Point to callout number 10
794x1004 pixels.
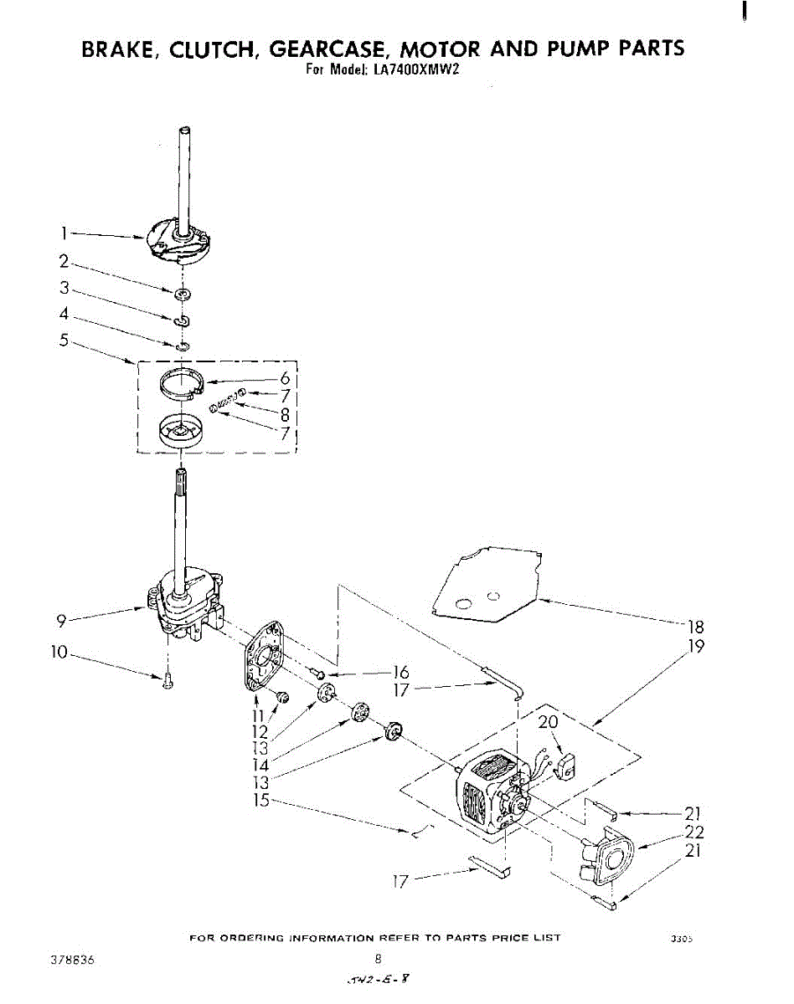[x=59, y=652]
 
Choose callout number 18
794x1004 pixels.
[x=694, y=627]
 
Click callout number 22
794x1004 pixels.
[x=694, y=832]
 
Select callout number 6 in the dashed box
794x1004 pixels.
[x=284, y=377]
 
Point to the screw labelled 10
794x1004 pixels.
[x=168, y=681]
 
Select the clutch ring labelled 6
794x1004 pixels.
[x=182, y=384]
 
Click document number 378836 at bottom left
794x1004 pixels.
[x=73, y=961]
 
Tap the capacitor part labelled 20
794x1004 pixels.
[x=566, y=765]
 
